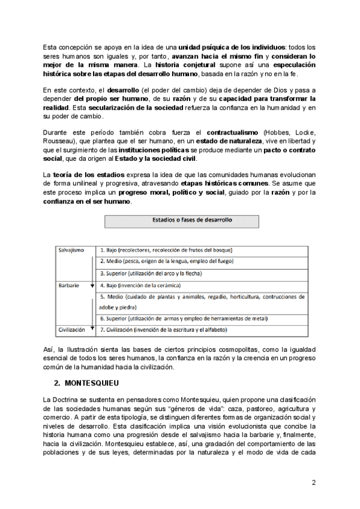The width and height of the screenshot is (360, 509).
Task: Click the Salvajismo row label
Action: point(72,250)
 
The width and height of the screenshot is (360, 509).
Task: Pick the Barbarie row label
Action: point(69,286)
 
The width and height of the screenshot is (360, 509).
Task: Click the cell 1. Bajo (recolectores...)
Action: point(166,250)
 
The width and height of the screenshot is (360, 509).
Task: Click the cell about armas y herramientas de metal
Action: point(184,318)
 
